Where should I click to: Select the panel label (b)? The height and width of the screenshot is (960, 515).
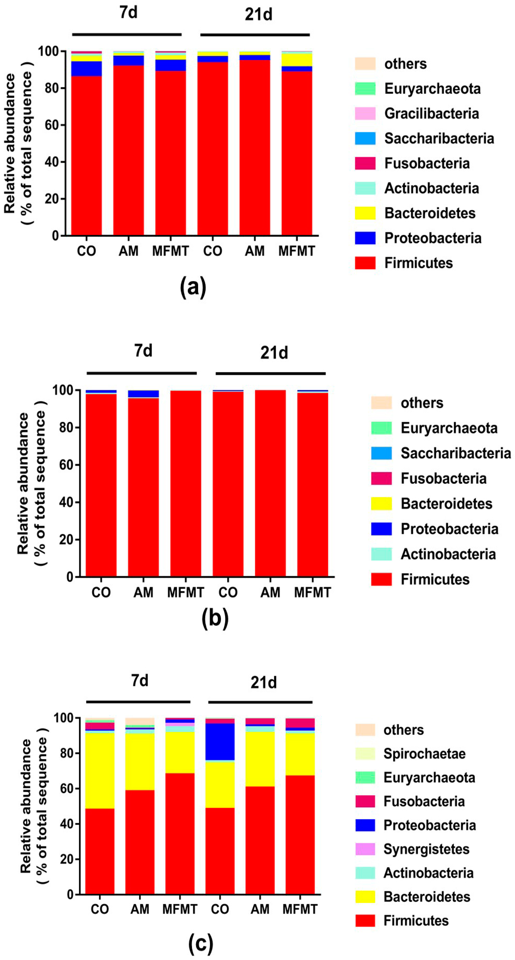point(215,619)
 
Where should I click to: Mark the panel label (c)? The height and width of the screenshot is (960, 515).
point(201,943)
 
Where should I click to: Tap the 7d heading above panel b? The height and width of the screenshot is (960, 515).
point(143,351)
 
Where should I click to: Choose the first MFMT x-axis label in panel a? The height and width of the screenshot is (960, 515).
point(170,251)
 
